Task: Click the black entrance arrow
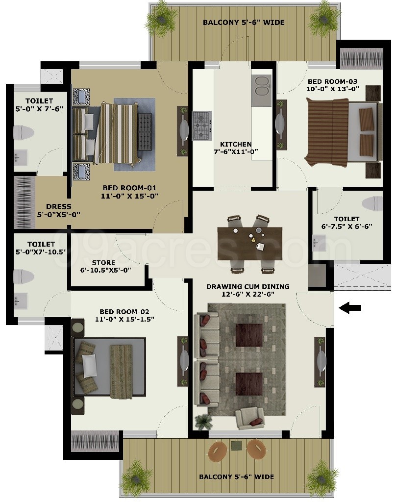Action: coord(350,308)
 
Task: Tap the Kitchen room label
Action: coord(236,148)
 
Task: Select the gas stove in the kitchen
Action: coord(202,125)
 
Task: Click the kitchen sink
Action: coord(262,90)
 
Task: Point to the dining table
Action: coord(250,243)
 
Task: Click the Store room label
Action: coord(106,266)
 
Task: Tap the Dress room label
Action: coord(59,210)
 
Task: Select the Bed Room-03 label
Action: coord(333,85)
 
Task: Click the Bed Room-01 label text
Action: coord(129,192)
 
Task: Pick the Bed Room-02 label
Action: coord(124,315)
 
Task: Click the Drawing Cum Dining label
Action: coord(248,290)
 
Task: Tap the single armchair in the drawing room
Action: coord(250,418)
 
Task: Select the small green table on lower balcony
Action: coord(237,445)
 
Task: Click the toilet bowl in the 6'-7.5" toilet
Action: coord(372,203)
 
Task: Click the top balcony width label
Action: coord(244,23)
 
